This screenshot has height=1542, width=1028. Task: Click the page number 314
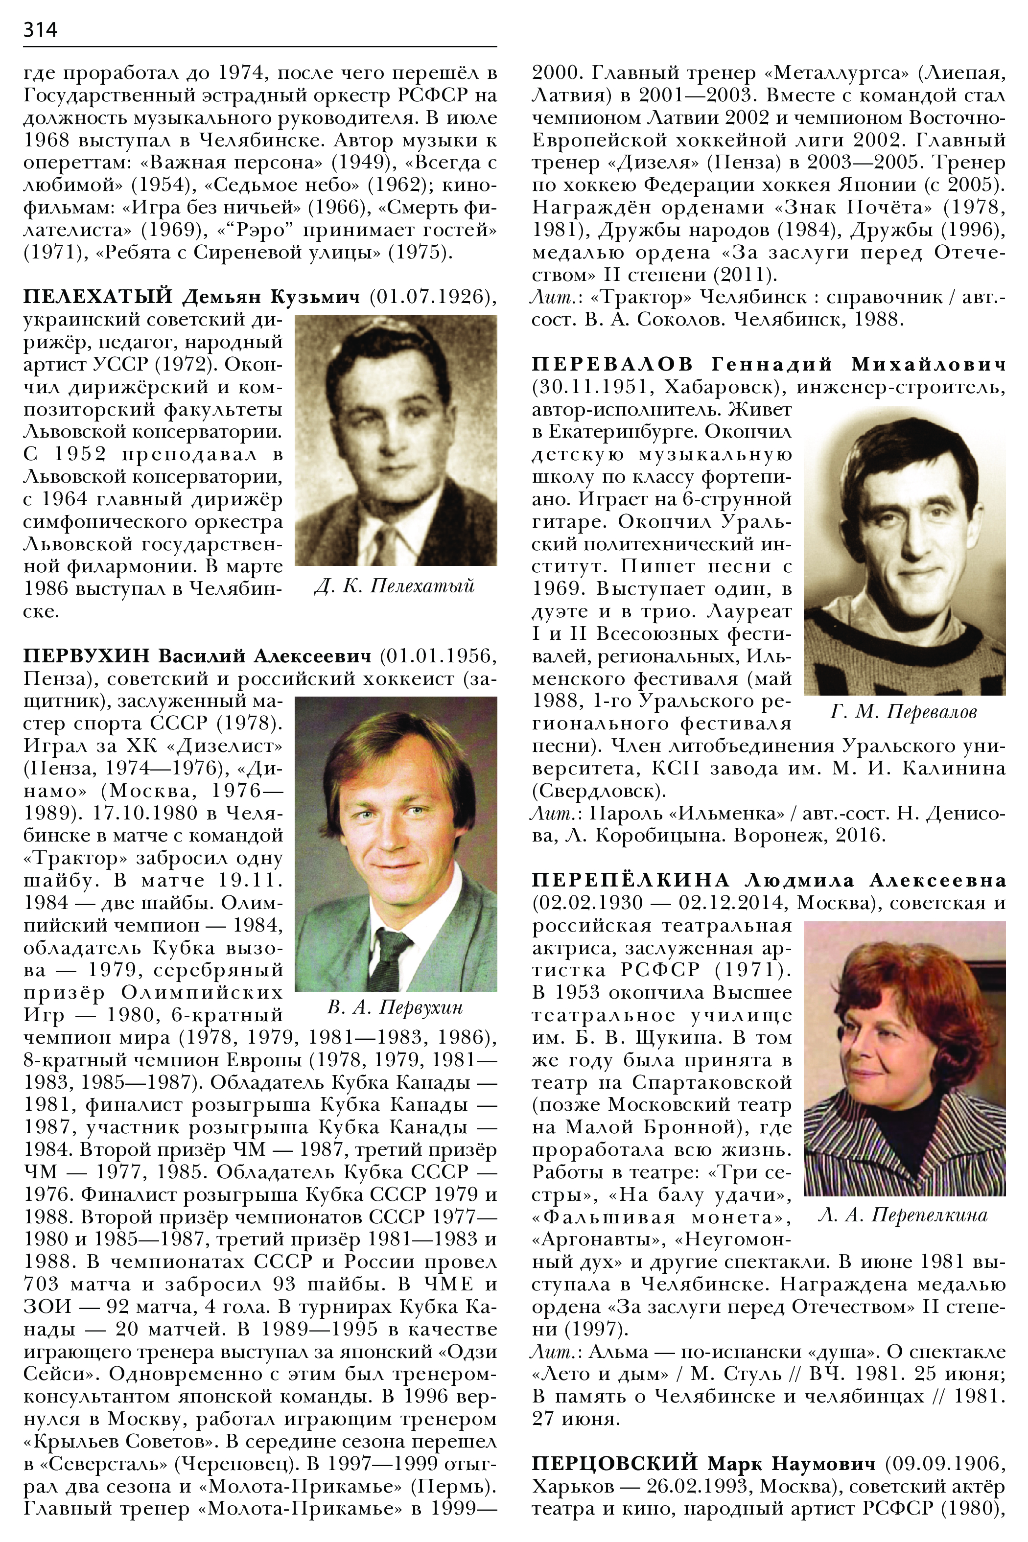click(40, 29)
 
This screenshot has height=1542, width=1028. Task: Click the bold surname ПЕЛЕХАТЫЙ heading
click(98, 297)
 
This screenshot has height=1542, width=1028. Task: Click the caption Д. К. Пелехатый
click(395, 585)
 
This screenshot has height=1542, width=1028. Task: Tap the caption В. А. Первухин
click(395, 1006)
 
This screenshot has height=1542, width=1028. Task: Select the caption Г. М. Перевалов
click(904, 711)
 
